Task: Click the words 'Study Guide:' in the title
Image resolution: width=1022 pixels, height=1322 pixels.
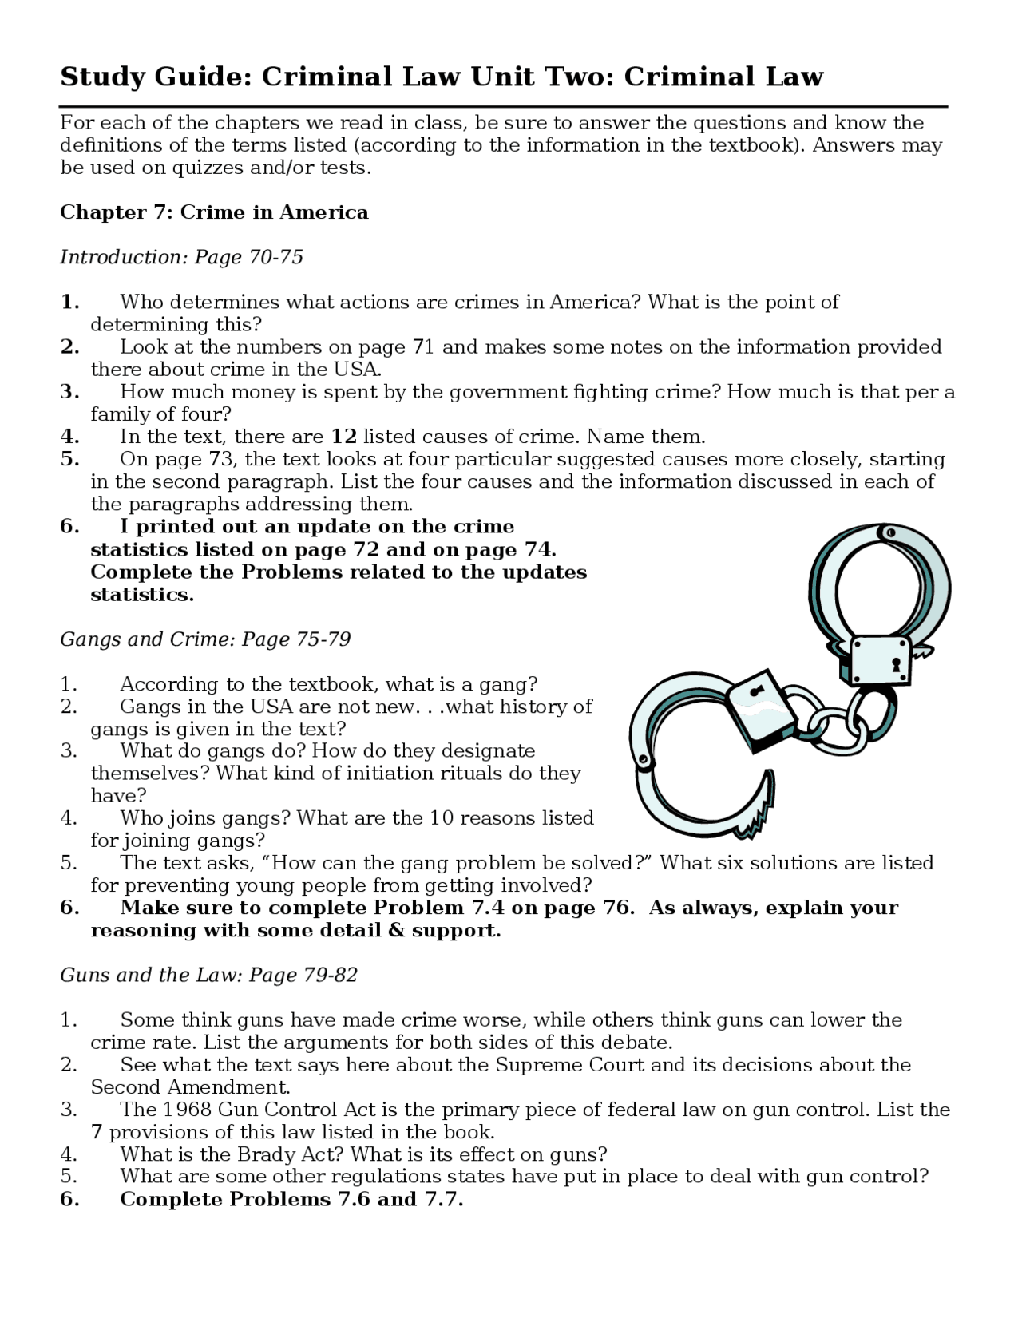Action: tap(156, 77)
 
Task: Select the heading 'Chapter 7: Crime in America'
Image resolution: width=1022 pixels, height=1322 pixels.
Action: tap(214, 212)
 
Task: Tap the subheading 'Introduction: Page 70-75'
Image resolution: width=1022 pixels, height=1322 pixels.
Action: tap(181, 257)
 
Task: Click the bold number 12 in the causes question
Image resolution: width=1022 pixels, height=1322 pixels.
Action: tap(343, 437)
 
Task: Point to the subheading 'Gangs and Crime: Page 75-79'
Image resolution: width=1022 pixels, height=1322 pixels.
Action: tap(205, 639)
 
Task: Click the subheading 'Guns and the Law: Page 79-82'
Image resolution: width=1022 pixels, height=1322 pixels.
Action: tap(208, 975)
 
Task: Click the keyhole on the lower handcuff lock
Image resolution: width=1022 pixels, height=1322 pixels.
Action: tap(756, 691)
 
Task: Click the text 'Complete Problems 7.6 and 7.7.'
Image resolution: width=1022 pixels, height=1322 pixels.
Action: tap(291, 1199)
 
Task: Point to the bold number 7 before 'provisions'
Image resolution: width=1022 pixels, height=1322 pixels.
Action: tap(97, 1132)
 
